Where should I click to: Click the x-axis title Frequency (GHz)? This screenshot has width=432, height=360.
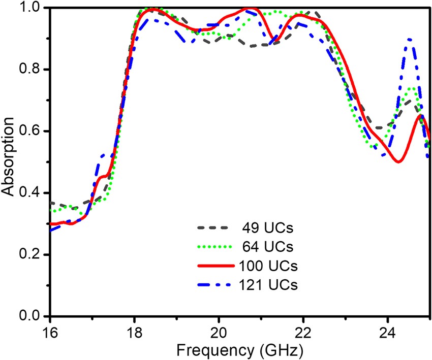click(240, 350)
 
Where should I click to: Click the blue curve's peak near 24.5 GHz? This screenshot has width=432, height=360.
click(410, 39)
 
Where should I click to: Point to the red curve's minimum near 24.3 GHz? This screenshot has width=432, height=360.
click(399, 162)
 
